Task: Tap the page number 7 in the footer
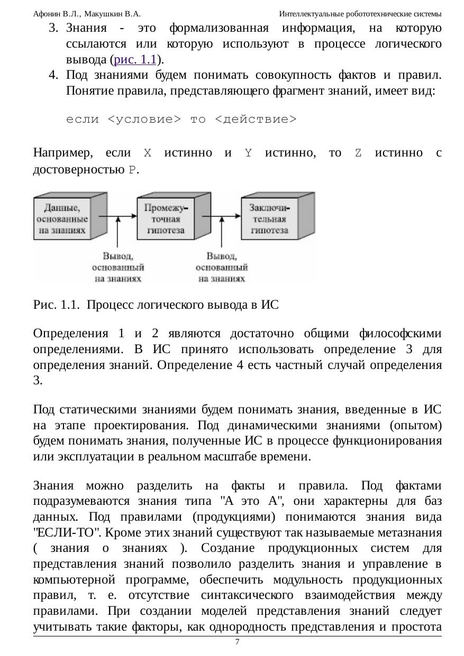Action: (x=237, y=642)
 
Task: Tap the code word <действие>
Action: (x=256, y=119)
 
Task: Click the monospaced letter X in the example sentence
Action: (x=148, y=154)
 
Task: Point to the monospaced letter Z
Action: (x=358, y=154)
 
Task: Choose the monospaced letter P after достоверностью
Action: (x=132, y=170)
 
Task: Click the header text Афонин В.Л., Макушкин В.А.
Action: (x=86, y=14)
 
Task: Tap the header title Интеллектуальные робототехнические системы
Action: (x=360, y=14)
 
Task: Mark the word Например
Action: (x=62, y=153)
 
